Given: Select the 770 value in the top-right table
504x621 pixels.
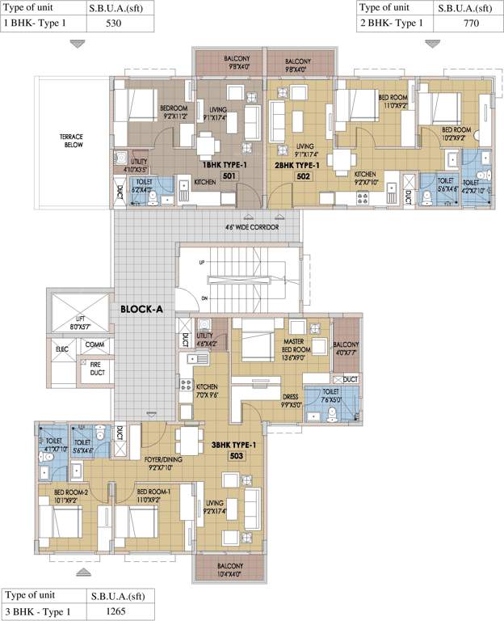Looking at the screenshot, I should click(x=470, y=23).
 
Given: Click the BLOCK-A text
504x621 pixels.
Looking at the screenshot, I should click(x=143, y=309).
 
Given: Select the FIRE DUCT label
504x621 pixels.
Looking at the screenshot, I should click(x=95, y=370).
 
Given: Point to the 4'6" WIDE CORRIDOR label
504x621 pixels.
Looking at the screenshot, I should click(x=252, y=228).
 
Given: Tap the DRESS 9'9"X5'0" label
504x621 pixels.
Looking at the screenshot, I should click(x=291, y=401).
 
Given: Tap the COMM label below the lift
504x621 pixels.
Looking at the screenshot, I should click(x=95, y=345).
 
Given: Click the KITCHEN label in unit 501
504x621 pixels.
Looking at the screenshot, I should click(x=205, y=183).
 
